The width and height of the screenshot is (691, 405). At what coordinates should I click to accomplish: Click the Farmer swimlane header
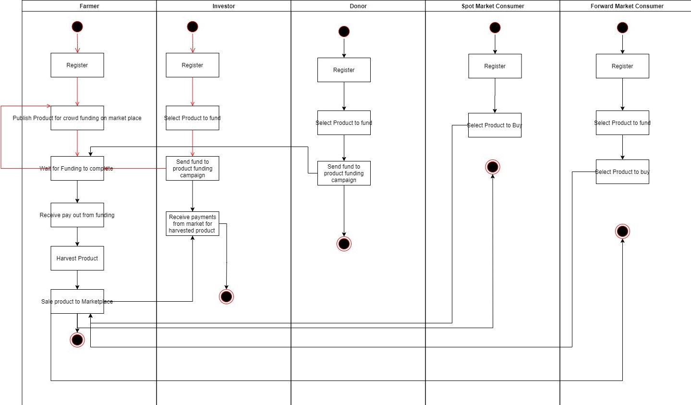pos(89,6)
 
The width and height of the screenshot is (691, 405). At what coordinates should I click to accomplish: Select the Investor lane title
pos(224,6)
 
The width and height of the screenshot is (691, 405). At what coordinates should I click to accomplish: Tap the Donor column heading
pos(358,6)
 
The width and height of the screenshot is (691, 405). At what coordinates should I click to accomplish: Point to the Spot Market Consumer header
pos(493,6)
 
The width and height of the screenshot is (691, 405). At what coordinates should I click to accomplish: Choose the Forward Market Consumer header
pos(627,6)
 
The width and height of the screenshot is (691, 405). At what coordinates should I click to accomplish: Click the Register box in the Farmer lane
pos(77,65)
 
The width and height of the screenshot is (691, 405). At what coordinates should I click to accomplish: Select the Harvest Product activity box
pos(77,258)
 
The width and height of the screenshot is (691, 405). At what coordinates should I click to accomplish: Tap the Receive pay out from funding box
pos(77,215)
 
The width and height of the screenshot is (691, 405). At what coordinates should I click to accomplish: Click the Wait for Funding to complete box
pos(77,169)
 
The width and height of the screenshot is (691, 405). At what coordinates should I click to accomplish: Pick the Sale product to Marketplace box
pos(77,302)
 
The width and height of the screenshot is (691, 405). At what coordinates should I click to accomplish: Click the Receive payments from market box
pos(193,224)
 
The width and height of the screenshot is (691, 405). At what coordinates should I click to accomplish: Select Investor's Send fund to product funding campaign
pos(193,169)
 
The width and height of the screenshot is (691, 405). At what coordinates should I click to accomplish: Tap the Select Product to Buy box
pos(495,125)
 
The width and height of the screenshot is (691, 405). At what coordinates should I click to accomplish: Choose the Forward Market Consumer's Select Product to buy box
pos(622,172)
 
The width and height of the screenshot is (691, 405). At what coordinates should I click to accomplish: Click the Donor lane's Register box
pos(344,70)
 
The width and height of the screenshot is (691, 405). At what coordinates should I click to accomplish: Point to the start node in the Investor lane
pos(193,27)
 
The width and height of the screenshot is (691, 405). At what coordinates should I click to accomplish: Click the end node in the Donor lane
pos(344,244)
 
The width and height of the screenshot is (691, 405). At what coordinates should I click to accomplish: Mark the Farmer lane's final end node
pos(77,340)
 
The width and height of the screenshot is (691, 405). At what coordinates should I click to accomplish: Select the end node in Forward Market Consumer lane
pos(622,232)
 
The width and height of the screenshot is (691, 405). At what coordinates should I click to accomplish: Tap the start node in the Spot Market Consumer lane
pos(495,28)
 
